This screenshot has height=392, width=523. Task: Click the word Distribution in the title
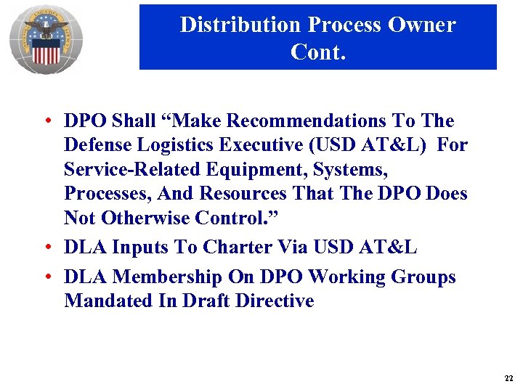[240, 25]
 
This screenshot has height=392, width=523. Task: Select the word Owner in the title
[422, 25]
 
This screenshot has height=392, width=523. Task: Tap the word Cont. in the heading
[318, 52]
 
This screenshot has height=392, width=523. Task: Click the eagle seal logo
[46, 40]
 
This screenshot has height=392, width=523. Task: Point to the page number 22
[508, 379]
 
